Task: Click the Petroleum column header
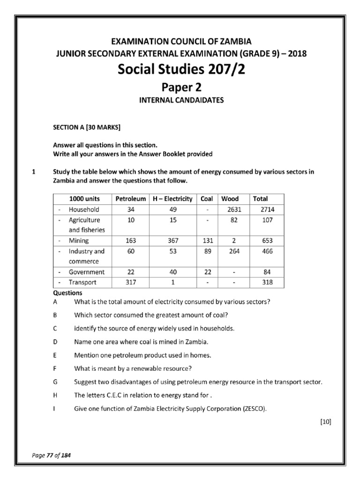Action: (x=130, y=199)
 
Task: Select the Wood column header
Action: (x=230, y=199)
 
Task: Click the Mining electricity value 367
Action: (x=172, y=240)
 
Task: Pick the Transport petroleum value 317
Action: (x=131, y=282)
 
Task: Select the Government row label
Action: (x=87, y=272)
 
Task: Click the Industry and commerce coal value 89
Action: (x=207, y=251)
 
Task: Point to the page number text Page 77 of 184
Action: (x=51, y=455)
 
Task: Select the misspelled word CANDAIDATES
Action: (x=198, y=100)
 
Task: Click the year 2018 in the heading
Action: (x=297, y=53)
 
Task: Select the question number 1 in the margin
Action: (x=33, y=172)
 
